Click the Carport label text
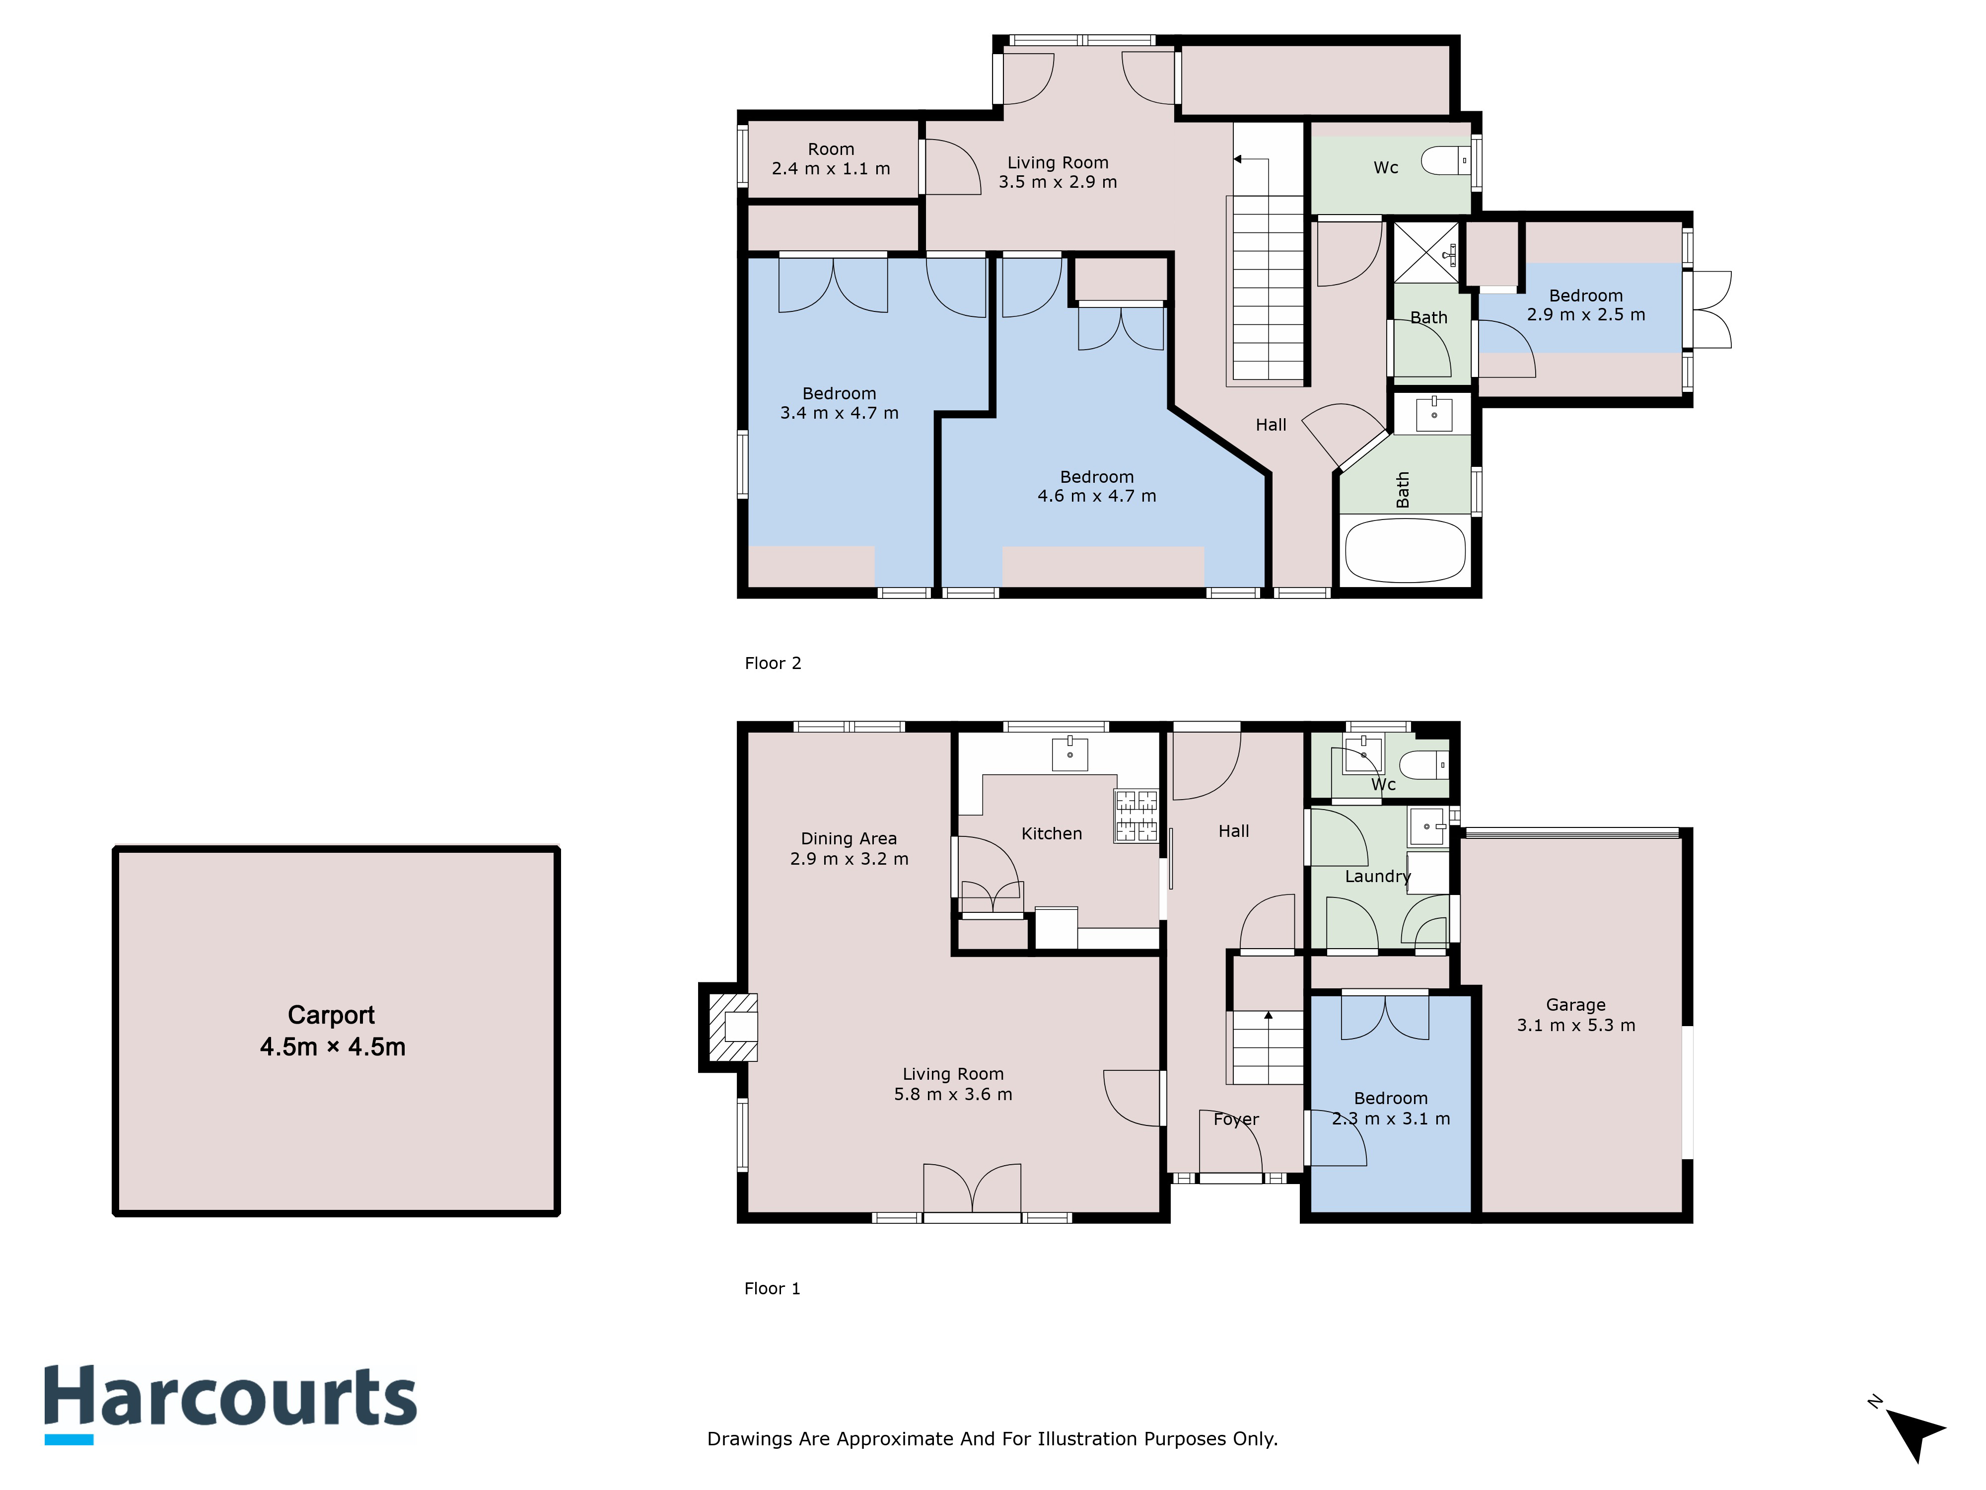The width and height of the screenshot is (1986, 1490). (332, 1030)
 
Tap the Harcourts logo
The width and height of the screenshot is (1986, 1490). (231, 1404)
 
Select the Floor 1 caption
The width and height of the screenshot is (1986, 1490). (772, 1288)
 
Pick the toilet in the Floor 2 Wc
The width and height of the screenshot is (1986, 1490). (1445, 161)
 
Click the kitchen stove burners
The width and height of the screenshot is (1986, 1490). (1136, 816)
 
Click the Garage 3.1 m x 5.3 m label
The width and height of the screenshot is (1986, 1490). (1576, 1015)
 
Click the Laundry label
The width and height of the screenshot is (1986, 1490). (1377, 877)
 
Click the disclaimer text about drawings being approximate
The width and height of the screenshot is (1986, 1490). (992, 1439)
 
